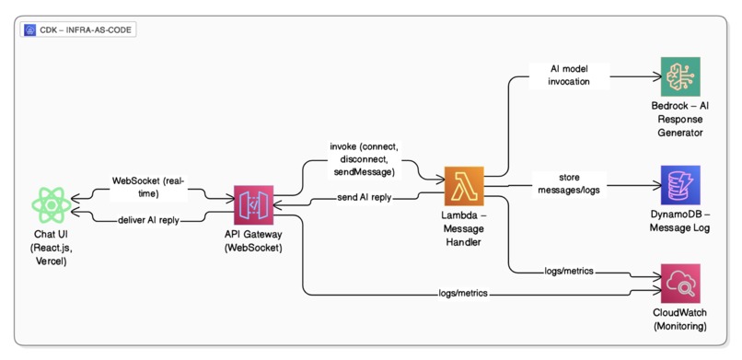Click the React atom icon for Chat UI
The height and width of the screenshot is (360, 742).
[51, 204]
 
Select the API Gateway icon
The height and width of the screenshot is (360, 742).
[254, 204]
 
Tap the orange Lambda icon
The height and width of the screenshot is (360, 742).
[463, 187]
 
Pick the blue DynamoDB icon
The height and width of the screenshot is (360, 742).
[680, 185]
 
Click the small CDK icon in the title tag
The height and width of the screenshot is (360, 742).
[30, 30]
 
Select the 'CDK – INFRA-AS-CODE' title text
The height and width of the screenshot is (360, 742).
[85, 30]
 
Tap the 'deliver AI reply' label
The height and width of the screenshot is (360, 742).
[149, 220]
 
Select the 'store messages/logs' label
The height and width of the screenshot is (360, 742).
[569, 182]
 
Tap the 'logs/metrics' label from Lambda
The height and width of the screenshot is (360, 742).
[569, 272]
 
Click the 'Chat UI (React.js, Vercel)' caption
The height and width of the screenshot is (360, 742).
[51, 248]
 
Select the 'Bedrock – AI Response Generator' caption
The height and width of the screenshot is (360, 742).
[680, 120]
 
